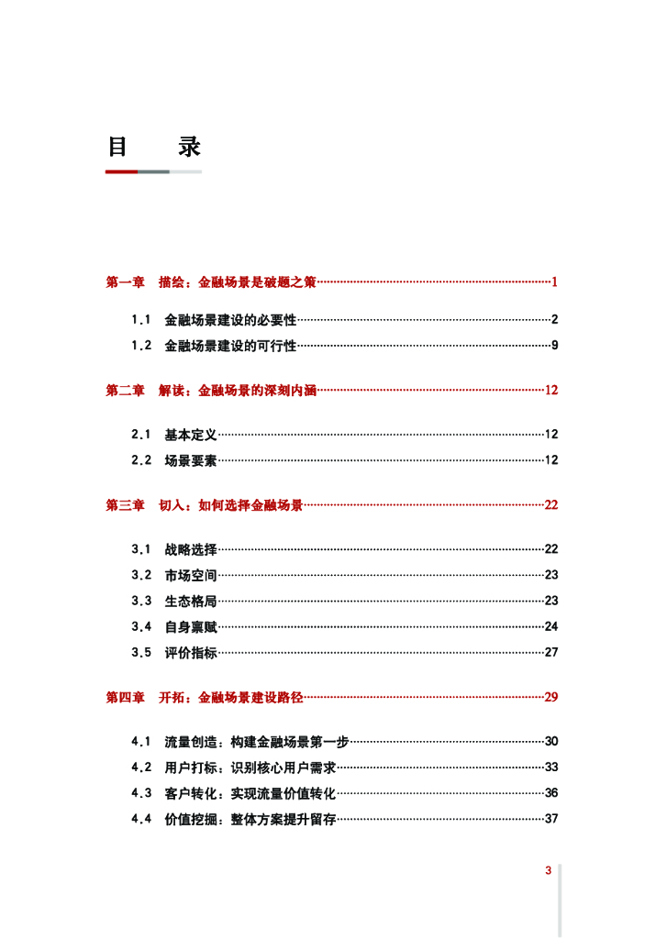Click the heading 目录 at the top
pos(153,147)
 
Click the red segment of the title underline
pos(121,171)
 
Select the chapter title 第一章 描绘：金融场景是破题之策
pos(211,282)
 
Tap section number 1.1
pos(140,320)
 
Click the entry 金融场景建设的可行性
pos(230,346)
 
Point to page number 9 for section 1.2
pos(555,346)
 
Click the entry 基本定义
pos(191,435)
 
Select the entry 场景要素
pos(191,460)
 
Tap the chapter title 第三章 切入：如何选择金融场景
pos(205,505)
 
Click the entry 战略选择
pos(191,549)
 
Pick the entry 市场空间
pos(191,575)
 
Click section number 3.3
pos(140,601)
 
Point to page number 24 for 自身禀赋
pos(551,626)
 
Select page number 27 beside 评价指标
pos(551,653)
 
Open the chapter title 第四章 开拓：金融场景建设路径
pos(205,698)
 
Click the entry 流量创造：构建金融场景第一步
pos(257,741)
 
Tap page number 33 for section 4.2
pos(551,767)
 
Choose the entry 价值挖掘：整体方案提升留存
pos(250,819)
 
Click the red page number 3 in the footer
pos(548,871)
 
